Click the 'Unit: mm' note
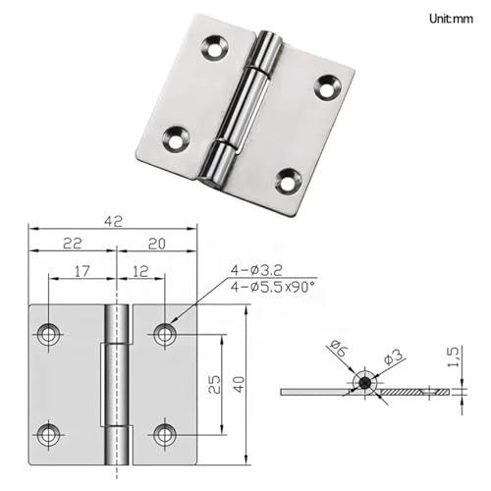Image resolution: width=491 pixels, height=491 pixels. click(x=451, y=19)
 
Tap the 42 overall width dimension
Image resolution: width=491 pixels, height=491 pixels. click(x=113, y=221)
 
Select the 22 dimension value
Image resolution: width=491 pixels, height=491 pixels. click(x=72, y=244)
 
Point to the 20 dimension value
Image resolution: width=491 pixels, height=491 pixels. click(x=157, y=245)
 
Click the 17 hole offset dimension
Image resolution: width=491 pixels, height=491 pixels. click(x=82, y=271)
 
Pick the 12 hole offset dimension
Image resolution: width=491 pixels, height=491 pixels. click(x=141, y=271)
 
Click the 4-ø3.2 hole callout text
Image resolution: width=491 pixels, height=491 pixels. click(x=256, y=270)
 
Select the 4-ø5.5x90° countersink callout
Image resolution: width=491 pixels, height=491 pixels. click(x=272, y=287)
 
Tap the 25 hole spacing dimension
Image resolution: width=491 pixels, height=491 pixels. click(x=214, y=384)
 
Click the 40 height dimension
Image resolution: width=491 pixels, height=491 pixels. click(x=240, y=384)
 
